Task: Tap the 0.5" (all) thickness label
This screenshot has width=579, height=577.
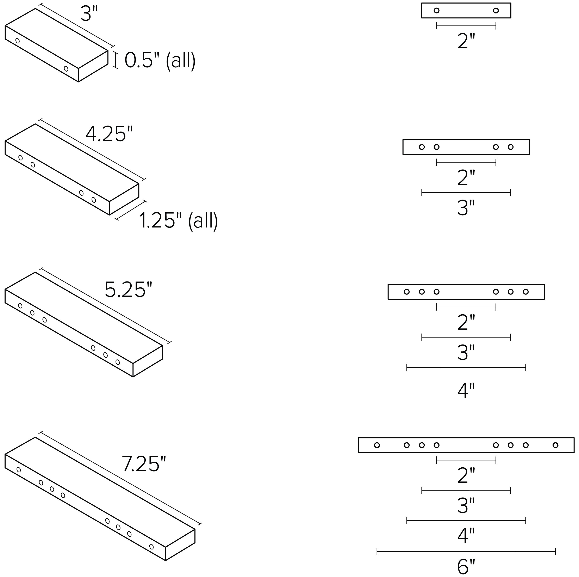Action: [160, 61]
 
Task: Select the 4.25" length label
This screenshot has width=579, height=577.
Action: [109, 134]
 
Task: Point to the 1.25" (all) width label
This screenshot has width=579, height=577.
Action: [179, 221]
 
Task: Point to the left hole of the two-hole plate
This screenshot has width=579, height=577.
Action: [437, 11]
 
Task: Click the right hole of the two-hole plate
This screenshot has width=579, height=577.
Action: [496, 11]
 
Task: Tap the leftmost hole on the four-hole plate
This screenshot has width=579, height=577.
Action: [422, 147]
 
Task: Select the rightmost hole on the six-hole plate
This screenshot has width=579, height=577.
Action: [526, 292]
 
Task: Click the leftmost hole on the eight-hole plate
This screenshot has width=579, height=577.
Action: [377, 445]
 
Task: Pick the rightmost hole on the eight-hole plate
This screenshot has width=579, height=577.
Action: [555, 445]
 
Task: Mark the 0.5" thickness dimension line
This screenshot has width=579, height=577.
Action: [115, 60]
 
